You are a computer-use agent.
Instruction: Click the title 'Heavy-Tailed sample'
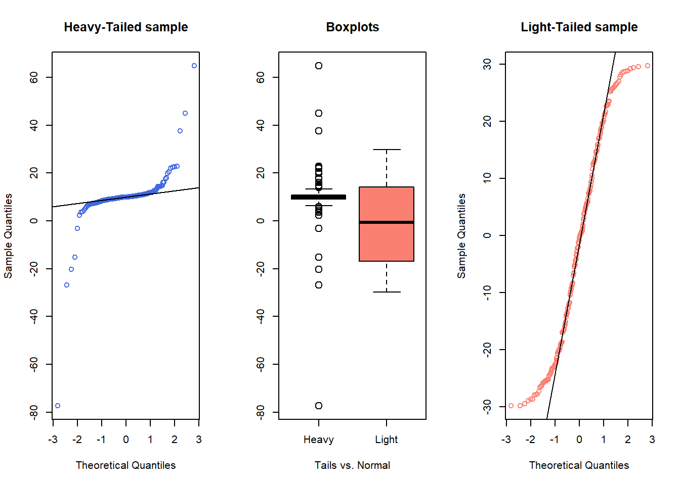tap(125, 27)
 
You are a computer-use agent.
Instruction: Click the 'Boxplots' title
tap(352, 27)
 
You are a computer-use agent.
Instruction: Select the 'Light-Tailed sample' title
tap(579, 27)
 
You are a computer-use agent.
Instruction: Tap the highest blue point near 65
tap(194, 66)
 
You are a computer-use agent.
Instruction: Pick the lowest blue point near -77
tap(58, 406)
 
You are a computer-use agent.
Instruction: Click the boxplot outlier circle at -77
tap(319, 406)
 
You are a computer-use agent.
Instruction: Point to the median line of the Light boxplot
tap(387, 222)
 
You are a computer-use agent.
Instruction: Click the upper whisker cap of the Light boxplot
tap(387, 150)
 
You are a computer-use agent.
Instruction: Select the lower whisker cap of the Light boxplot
tap(387, 292)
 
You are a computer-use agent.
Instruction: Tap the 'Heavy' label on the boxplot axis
tap(319, 440)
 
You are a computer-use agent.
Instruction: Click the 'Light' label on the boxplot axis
tap(387, 440)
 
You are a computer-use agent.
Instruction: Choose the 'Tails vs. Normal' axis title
tap(352, 465)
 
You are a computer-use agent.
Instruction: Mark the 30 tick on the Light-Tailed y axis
tap(487, 64)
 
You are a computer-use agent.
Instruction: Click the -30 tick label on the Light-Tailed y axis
tap(487, 406)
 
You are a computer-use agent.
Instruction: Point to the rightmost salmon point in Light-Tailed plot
tap(648, 66)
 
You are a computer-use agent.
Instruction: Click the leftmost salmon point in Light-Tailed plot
tap(511, 406)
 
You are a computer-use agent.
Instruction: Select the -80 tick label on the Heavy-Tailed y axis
tap(34, 412)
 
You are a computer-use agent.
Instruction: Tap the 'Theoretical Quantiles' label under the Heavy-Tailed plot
tap(125, 465)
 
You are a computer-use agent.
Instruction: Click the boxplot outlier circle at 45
tap(319, 113)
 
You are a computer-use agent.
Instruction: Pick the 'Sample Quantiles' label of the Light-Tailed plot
tap(461, 236)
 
